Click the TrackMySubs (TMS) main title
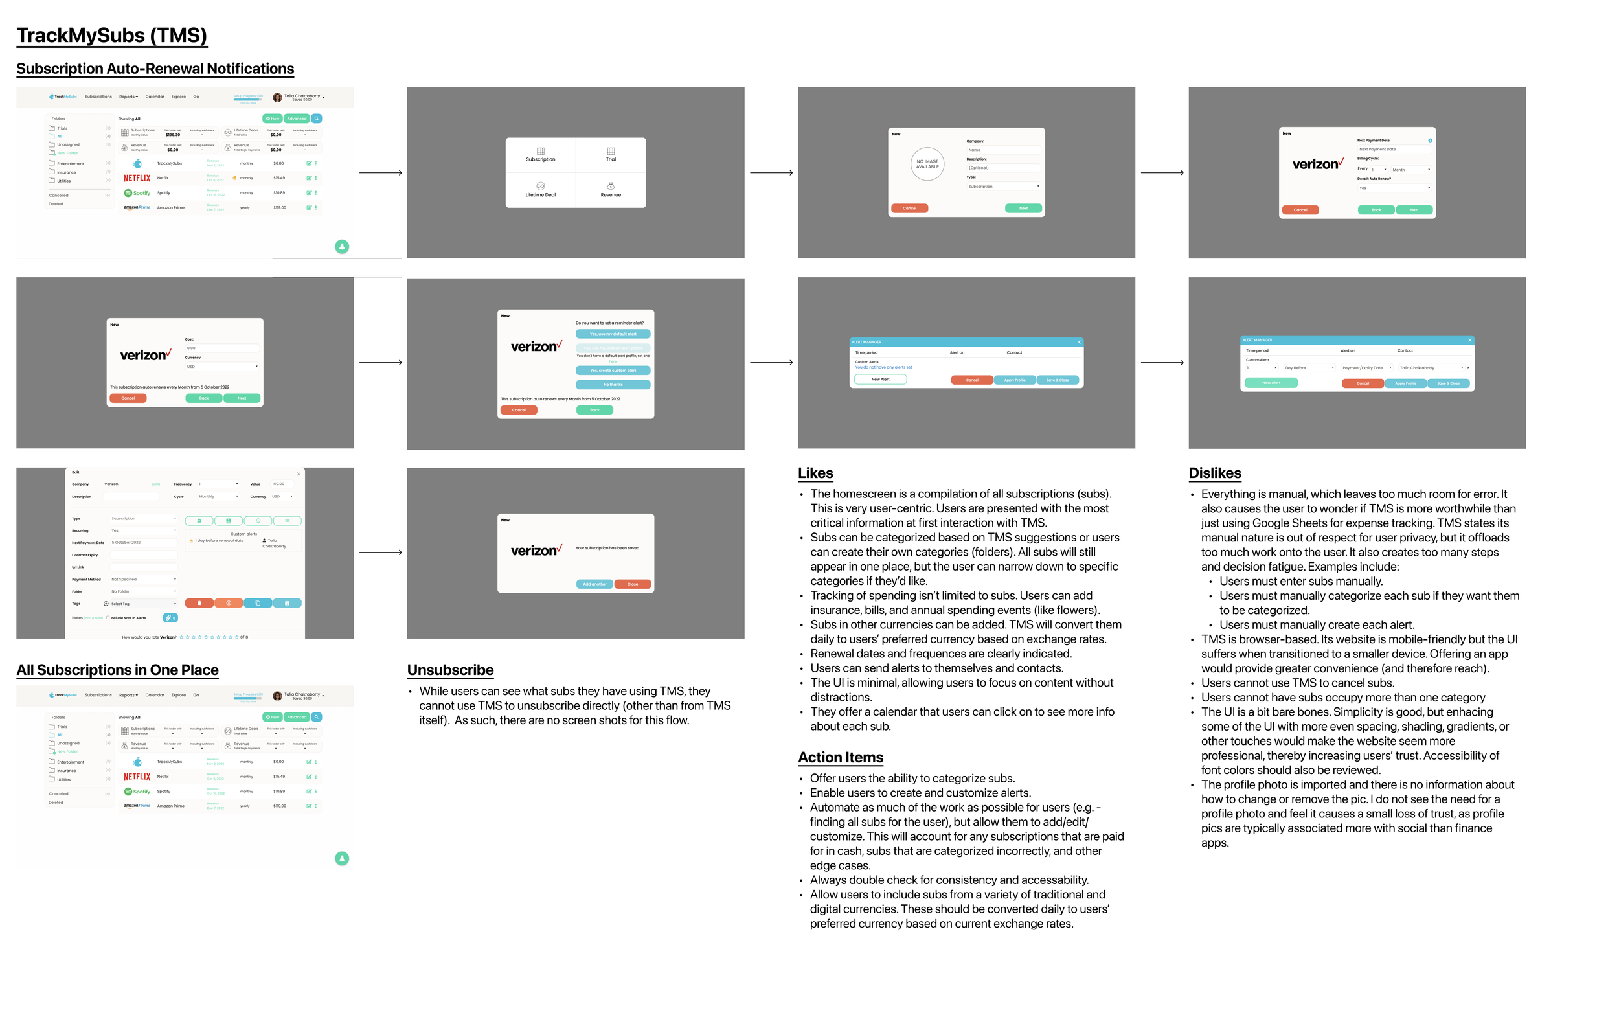tap(111, 36)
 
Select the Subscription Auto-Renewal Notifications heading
tap(155, 69)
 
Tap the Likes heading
tap(815, 473)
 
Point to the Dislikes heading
tap(1214, 473)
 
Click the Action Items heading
tap(841, 758)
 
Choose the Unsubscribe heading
tap(450, 670)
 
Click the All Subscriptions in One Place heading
tap(117, 670)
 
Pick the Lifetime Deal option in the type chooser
tap(541, 190)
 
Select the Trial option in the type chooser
tap(611, 155)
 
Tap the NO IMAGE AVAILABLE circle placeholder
tap(927, 164)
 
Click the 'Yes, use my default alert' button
tap(613, 334)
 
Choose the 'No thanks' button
tap(613, 385)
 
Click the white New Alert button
tap(880, 380)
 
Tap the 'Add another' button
tap(594, 584)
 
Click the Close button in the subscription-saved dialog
tap(633, 584)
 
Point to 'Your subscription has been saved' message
tap(607, 549)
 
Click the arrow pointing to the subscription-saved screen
tap(381, 553)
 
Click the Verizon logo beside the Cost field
tap(145, 355)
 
